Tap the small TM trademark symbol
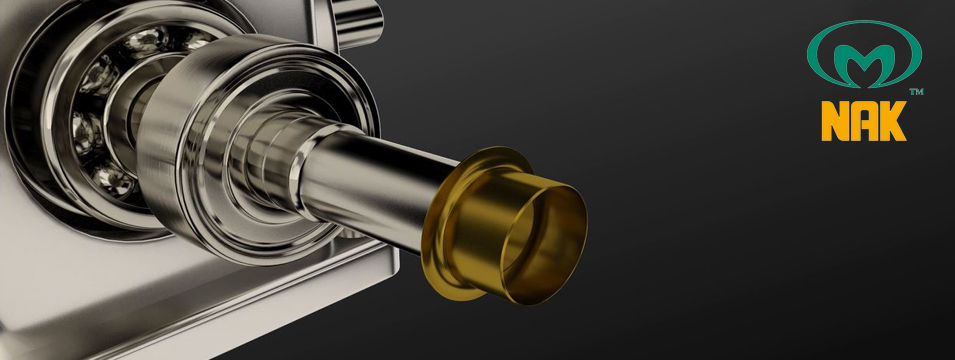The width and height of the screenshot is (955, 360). click(916, 91)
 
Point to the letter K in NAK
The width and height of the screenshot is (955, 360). click(892, 121)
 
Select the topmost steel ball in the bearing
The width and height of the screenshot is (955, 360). click(145, 41)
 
